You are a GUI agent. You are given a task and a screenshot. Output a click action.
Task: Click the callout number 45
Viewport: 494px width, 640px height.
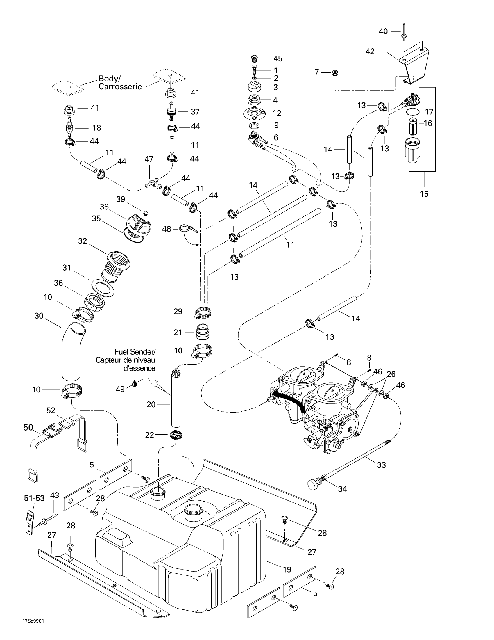pos(278,58)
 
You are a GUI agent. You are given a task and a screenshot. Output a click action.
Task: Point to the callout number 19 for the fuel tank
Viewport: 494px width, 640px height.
pos(287,569)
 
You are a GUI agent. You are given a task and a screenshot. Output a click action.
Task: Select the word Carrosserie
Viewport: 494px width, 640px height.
pos(120,87)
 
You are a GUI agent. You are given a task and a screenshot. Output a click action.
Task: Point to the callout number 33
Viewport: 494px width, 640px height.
pos(381,465)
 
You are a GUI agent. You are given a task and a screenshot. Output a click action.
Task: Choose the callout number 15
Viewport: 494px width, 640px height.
pos(424,194)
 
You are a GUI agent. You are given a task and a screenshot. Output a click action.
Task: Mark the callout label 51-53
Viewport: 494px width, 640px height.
pos(34,498)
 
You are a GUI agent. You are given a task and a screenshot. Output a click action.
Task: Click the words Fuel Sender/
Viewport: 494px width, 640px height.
pos(135,352)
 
